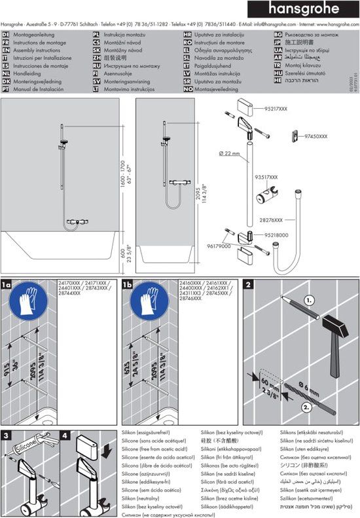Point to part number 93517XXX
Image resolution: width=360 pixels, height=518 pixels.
point(266,177)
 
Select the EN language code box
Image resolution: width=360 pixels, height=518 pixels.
point(6,50)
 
